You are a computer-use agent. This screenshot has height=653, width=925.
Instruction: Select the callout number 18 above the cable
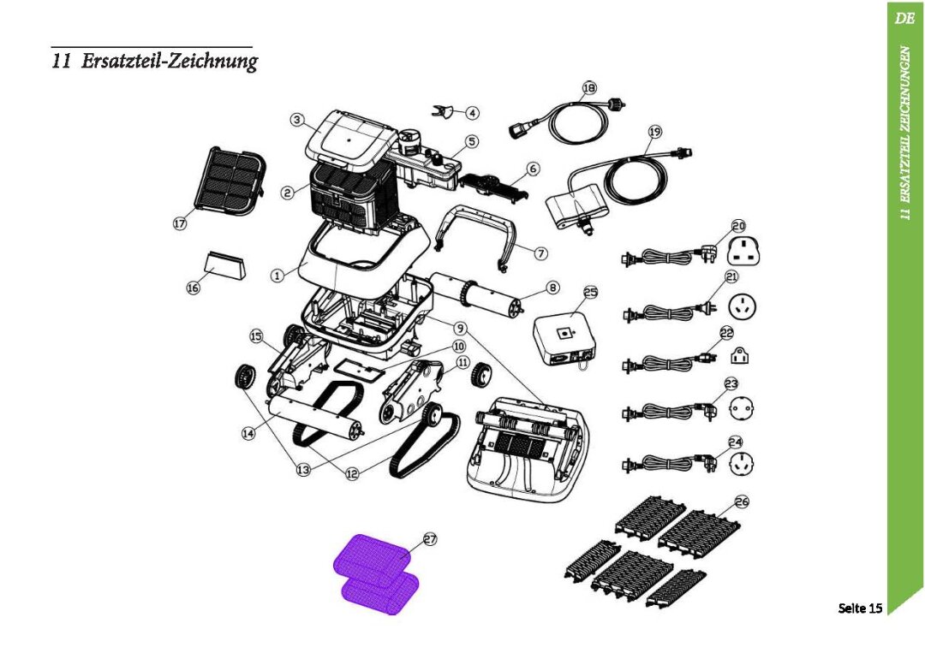tap(589, 88)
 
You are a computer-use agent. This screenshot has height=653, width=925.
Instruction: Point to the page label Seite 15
tap(859, 608)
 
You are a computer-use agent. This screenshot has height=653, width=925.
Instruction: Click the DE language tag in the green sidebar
tap(904, 18)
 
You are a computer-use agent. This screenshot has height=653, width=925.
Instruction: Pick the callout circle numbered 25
tap(591, 293)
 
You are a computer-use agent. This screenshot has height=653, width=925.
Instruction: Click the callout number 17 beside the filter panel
tap(180, 223)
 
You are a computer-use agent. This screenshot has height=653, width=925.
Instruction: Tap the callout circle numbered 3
tap(297, 121)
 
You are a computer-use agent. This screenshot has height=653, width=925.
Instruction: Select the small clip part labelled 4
tap(444, 111)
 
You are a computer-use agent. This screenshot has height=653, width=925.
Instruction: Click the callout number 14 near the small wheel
tap(248, 434)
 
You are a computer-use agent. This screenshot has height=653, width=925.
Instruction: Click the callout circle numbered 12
tap(352, 472)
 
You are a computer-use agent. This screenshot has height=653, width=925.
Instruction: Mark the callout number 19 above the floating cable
tap(655, 132)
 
